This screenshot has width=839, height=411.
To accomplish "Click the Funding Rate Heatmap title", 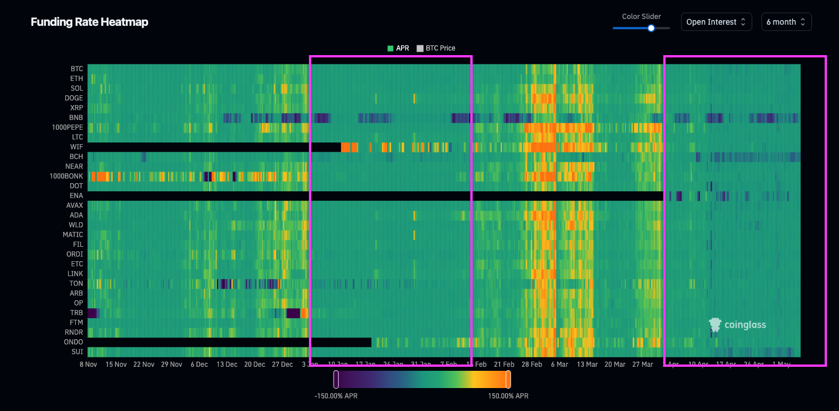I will (89, 22).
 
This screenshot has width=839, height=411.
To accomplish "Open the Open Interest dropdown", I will (716, 22).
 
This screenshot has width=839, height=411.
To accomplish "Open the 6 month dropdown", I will (786, 22).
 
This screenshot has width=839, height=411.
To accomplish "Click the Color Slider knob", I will (651, 28).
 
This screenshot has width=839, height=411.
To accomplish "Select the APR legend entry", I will (399, 48).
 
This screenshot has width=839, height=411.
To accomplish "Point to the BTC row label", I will (76, 69).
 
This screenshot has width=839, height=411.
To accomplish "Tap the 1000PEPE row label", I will (67, 127).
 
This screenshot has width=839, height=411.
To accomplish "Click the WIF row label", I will (76, 147).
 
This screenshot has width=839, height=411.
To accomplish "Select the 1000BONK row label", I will (67, 176).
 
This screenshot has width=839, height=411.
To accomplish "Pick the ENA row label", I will (76, 196).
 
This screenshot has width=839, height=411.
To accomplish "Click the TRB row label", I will (76, 313).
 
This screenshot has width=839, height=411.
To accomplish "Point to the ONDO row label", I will (74, 342).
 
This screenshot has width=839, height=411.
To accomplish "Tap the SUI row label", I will (77, 352).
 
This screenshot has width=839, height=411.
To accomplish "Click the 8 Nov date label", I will (88, 365).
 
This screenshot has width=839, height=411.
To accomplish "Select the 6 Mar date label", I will (559, 365).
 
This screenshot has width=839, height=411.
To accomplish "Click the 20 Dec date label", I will (254, 365).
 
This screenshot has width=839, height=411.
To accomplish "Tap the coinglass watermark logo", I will (737, 325).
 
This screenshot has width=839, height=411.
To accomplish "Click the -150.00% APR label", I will (336, 396).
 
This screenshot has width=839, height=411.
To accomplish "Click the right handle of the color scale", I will (508, 379).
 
